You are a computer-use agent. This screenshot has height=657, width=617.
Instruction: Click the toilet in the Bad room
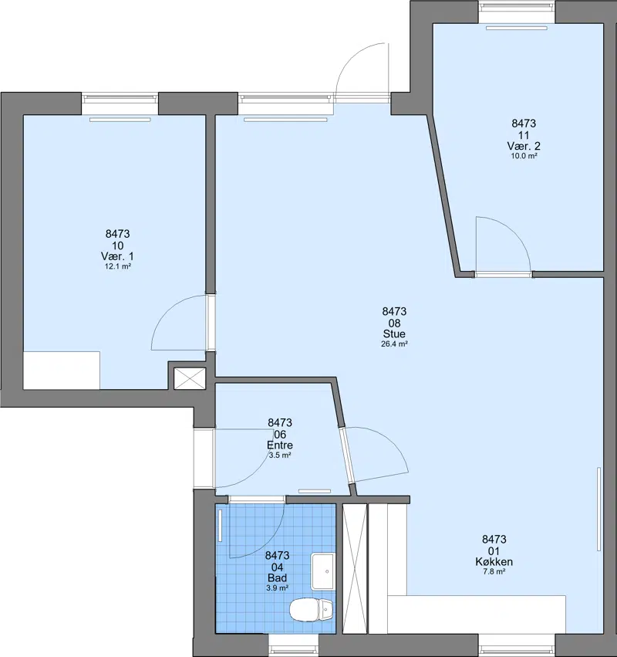[311, 610]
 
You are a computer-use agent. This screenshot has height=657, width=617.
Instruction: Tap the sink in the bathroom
[322, 571]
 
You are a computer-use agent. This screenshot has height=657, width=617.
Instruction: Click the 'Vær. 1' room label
[117, 256]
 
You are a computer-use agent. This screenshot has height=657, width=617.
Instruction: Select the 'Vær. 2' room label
[524, 146]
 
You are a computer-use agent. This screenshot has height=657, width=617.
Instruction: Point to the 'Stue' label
[394, 334]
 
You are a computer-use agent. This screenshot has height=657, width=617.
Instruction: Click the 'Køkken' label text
[494, 561]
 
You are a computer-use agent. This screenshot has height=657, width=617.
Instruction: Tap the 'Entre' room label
[280, 445]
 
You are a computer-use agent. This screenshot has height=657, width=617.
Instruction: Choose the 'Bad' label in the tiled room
[277, 577]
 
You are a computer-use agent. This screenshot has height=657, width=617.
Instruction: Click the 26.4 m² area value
[394, 344]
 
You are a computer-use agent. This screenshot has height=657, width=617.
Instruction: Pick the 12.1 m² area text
[118, 266]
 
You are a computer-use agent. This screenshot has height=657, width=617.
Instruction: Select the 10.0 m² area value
[524, 156]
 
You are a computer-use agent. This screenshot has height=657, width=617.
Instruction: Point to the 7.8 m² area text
[494, 571]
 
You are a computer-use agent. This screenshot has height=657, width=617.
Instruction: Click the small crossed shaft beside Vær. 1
[190, 378]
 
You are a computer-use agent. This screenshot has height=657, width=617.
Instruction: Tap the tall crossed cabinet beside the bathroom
[355, 568]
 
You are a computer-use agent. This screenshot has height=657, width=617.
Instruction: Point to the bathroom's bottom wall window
[293, 645]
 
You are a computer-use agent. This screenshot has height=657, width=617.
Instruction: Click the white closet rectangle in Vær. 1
[62, 371]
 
